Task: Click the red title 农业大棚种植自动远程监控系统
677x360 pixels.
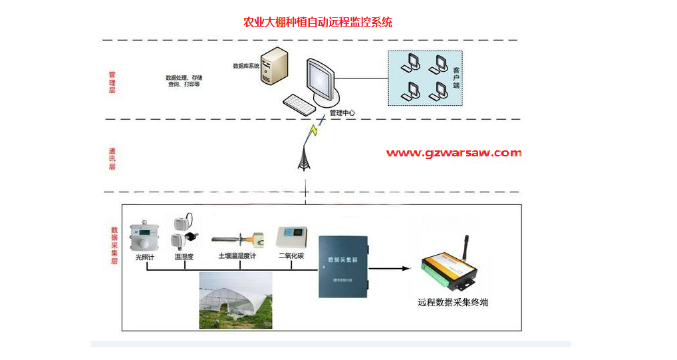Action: click(318, 23)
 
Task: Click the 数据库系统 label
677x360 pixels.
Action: click(245, 66)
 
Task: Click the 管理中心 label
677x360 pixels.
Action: click(342, 113)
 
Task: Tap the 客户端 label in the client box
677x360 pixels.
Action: click(456, 78)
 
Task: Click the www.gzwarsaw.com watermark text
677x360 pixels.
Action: click(454, 153)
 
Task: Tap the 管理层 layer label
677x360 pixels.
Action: click(112, 83)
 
